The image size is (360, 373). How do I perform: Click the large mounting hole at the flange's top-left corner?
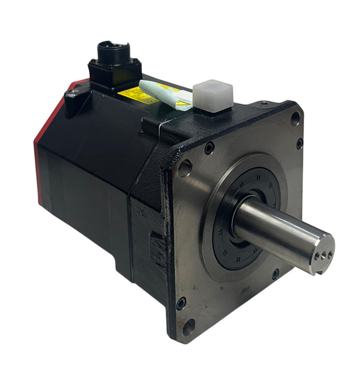point(184,169)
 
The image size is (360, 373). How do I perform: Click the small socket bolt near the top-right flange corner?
point(299,143)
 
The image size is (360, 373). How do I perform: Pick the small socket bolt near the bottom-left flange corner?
point(182,302)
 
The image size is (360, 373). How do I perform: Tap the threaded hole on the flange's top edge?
point(264,103)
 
